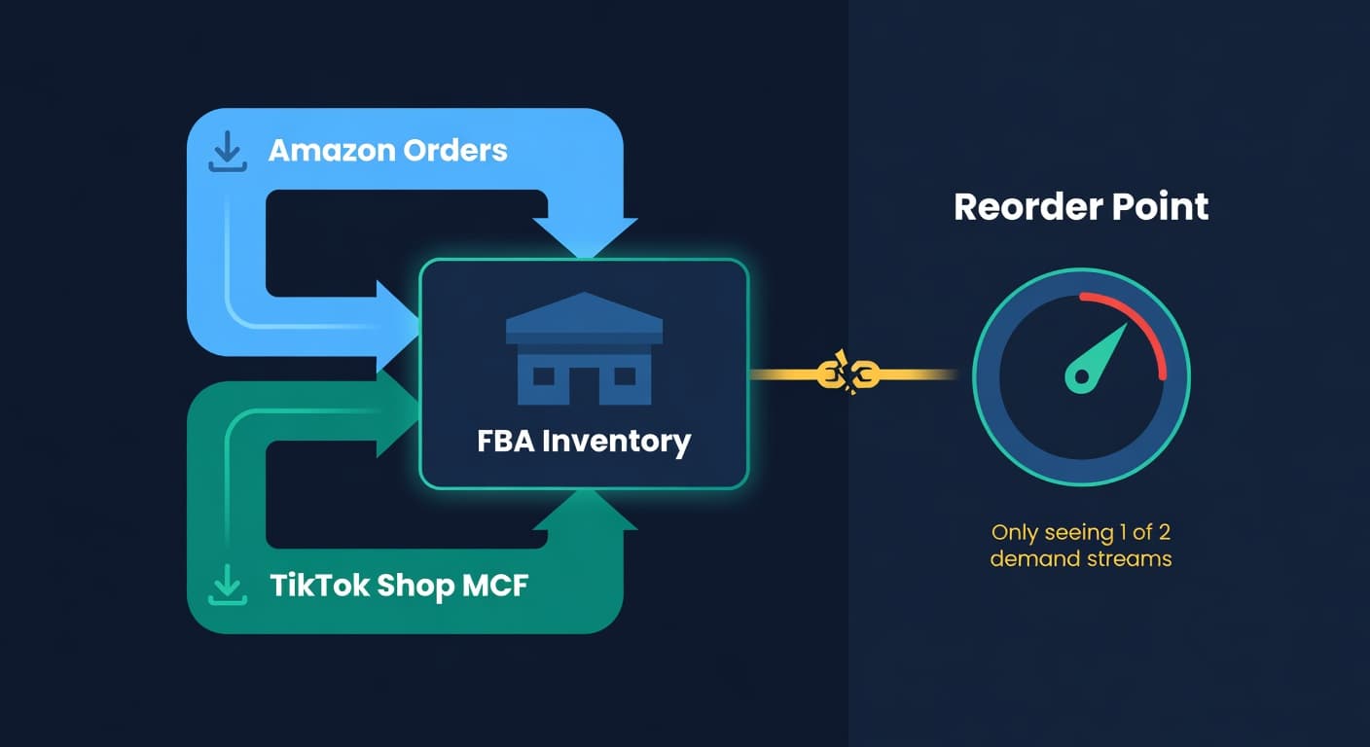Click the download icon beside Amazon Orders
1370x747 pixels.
[227, 152]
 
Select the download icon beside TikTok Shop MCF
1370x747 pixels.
[227, 585]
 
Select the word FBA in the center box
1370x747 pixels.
[506, 441]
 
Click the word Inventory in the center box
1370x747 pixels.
[616, 441]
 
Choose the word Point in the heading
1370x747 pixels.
[1166, 206]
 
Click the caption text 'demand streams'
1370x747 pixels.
[1081, 559]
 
